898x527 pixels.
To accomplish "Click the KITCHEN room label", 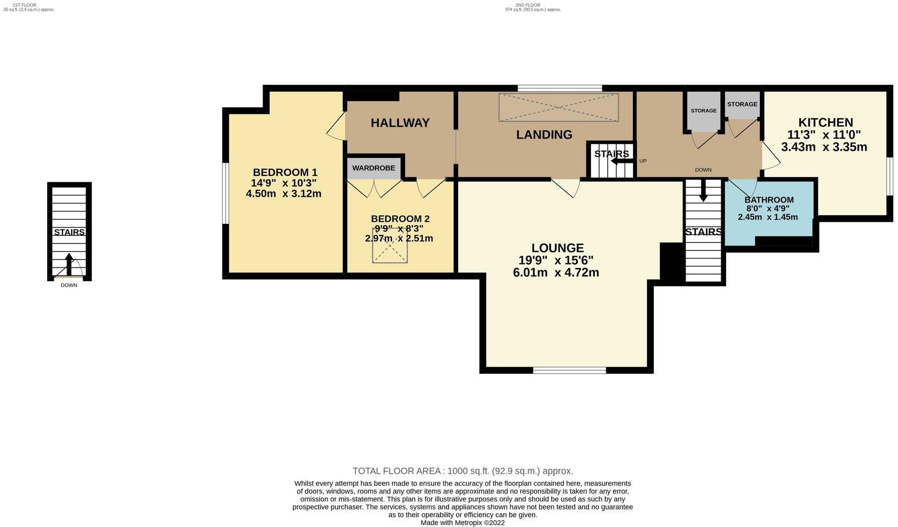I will [825, 122].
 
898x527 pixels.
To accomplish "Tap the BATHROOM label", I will [768, 200].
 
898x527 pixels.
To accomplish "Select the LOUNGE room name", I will [557, 248].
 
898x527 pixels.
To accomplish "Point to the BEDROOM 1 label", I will [285, 172].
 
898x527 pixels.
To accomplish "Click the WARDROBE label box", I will [374, 168].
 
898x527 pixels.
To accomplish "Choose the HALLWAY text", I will [400, 123].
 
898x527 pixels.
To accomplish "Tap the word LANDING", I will [544, 135].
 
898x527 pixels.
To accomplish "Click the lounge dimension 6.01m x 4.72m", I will [556, 273].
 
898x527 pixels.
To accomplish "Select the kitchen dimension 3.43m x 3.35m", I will [824, 147].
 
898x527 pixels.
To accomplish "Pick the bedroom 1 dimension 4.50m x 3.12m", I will [284, 193].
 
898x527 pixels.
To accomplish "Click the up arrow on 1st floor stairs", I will [69, 263].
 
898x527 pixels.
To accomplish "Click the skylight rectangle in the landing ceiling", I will [558, 107].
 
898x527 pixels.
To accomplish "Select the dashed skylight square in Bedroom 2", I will [390, 245].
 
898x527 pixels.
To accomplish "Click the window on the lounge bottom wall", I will [569, 371].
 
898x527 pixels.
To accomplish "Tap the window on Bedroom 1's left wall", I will [226, 193].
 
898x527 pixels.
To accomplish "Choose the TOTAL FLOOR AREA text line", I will [463, 471].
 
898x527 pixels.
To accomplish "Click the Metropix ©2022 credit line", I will [463, 522].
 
